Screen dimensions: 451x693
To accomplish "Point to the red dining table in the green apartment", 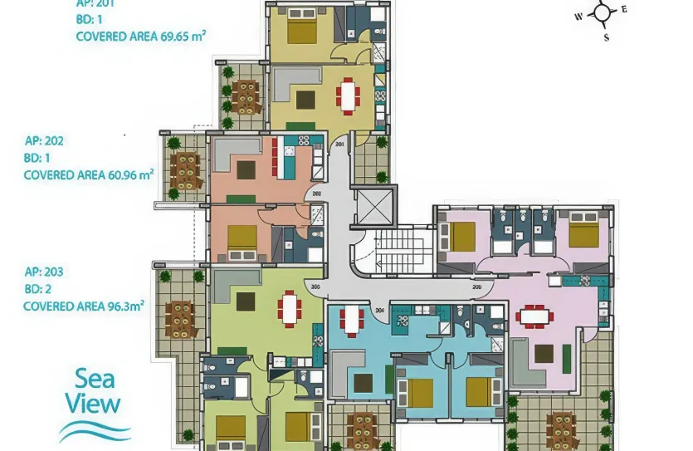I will tap(289, 308).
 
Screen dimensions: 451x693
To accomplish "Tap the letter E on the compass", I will tap(624, 9).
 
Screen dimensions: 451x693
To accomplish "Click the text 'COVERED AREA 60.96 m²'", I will tap(89, 175).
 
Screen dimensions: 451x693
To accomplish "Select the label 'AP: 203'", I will tap(43, 272).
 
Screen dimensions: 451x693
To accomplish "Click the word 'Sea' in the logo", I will tap(94, 380).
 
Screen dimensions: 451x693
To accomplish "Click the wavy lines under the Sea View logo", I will tap(94, 432).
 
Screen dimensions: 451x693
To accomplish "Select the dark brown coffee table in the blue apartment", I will tap(363, 383).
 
